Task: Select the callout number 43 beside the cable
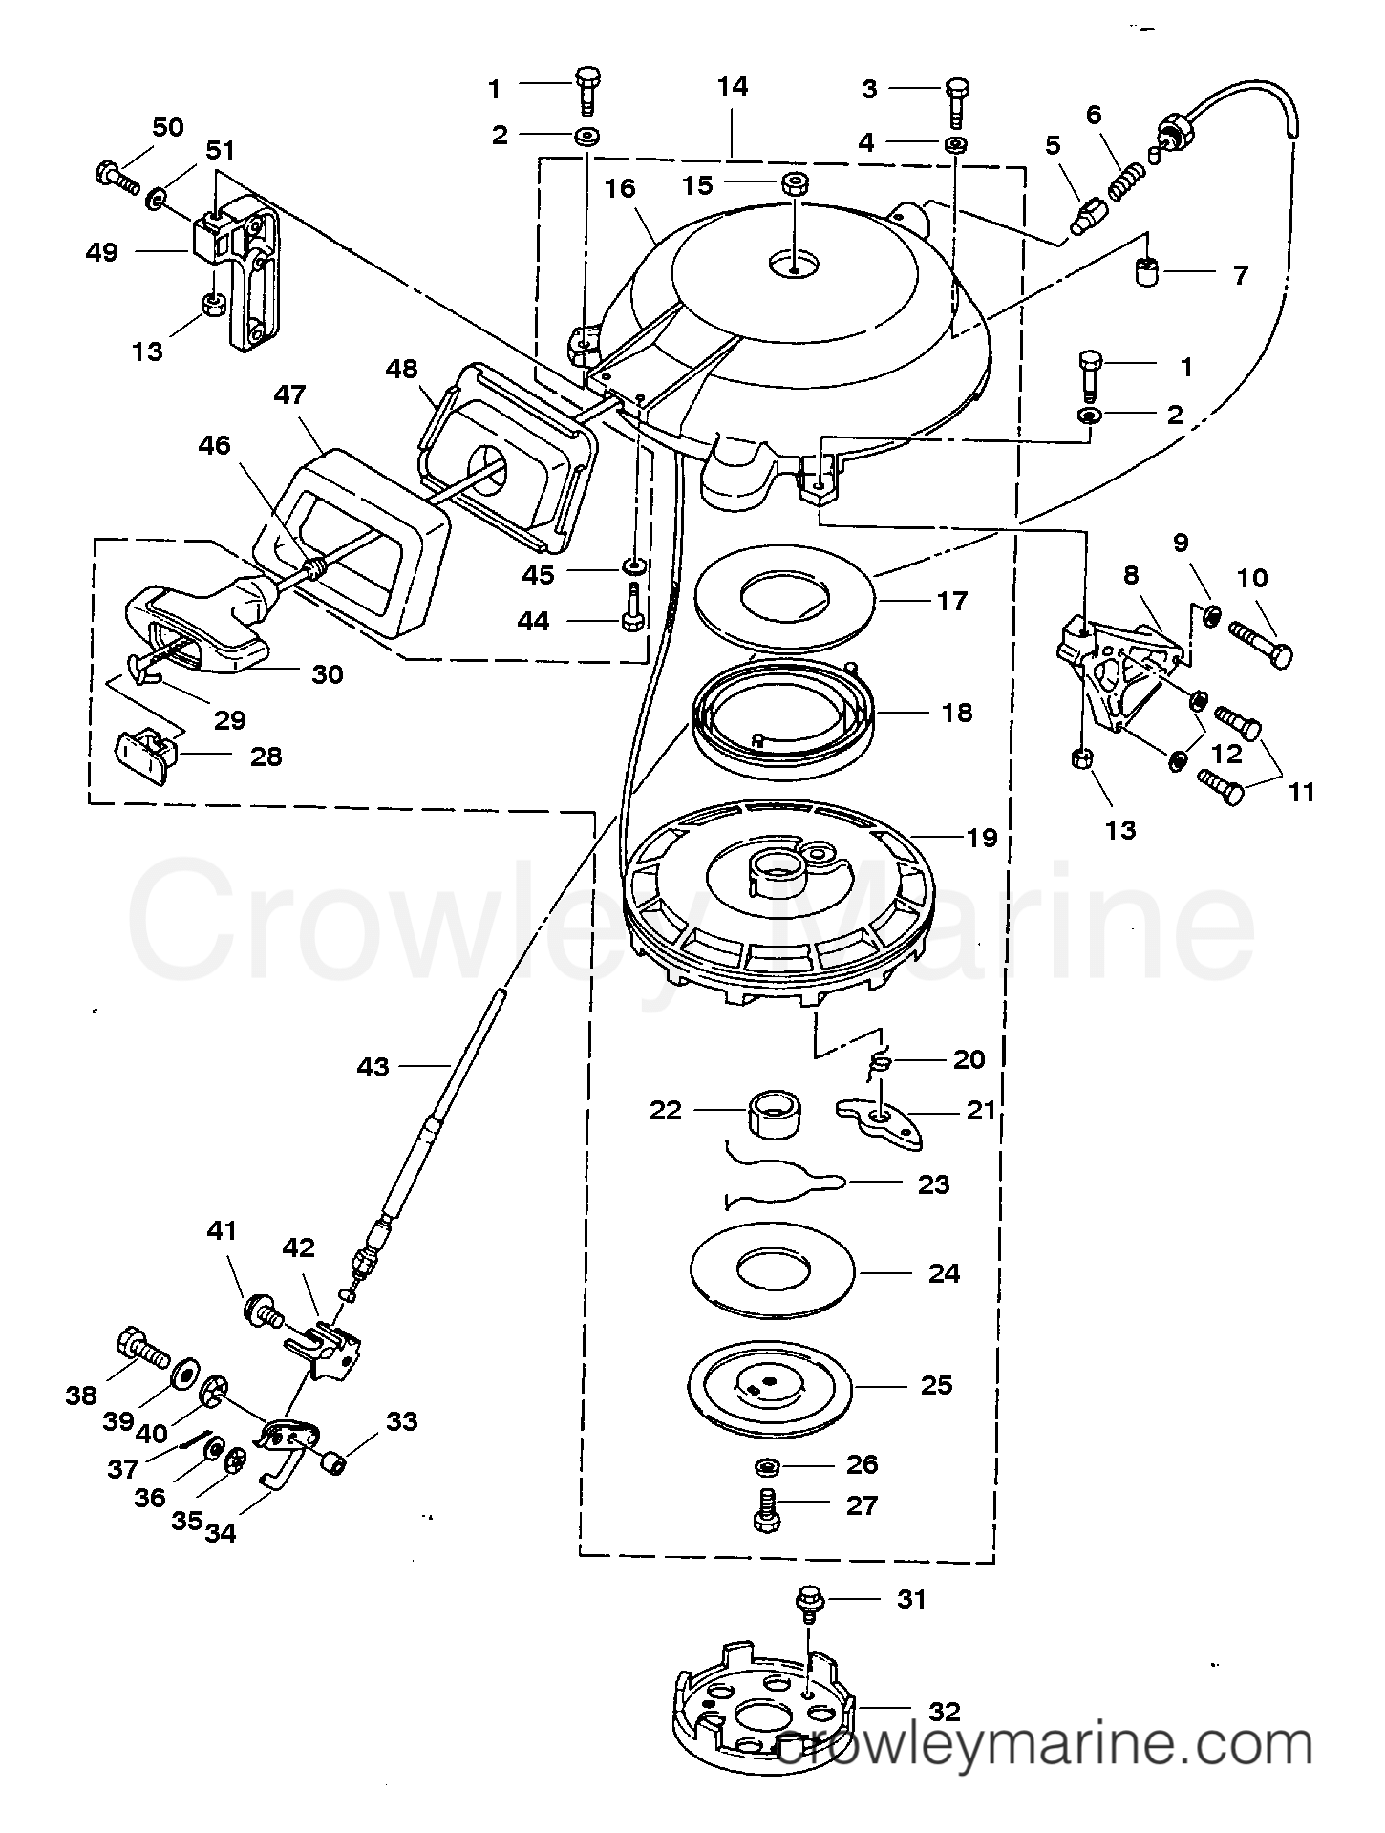(373, 1066)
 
